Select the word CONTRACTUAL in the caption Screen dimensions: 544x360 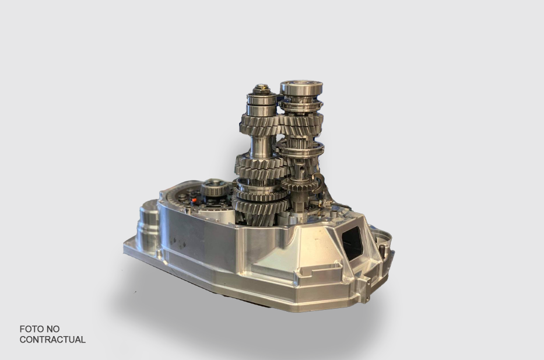point(52,340)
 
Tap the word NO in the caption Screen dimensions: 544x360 point(54,328)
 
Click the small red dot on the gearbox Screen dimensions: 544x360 point(194,200)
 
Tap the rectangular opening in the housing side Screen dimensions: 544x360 point(353,242)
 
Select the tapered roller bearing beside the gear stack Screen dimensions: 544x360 point(214,189)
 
